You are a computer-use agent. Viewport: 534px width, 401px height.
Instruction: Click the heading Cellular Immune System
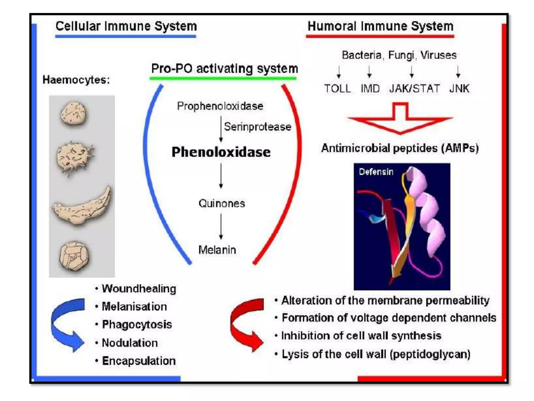pos(126,26)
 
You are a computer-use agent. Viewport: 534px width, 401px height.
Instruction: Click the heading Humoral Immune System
pos(380,26)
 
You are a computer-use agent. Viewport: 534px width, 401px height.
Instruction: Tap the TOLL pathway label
pos(337,89)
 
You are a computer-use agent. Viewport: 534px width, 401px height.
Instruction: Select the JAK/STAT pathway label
pos(414,89)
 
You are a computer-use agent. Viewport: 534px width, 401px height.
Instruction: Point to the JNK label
pos(459,89)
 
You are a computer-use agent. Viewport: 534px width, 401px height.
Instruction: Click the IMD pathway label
pos(370,89)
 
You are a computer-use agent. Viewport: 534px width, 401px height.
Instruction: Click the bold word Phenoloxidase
pos(221,152)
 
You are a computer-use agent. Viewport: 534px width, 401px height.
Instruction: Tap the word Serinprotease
pos(257,127)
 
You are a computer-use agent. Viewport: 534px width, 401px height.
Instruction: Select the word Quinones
pos(222,203)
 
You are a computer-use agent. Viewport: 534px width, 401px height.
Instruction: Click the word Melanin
pos(217,250)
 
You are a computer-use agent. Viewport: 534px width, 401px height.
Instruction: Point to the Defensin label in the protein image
pos(376,172)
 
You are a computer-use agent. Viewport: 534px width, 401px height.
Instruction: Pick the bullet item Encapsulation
pos(138,361)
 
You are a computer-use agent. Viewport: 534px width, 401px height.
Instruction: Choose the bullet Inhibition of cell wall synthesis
pos(361,336)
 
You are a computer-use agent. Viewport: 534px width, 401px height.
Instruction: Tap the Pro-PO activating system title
pos(224,69)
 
